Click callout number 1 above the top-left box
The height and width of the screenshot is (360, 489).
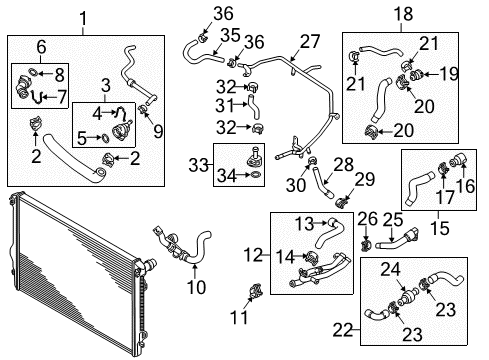coord(83,18)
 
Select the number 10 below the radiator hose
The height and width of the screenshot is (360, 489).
coord(196,287)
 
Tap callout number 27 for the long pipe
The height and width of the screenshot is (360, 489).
coord(310,42)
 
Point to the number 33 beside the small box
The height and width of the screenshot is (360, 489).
coord(198,165)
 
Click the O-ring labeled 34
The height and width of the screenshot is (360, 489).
coord(256,174)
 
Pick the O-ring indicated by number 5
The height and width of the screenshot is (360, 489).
coord(104,138)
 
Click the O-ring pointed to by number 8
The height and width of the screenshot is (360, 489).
coord(33,71)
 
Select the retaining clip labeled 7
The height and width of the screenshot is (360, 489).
coord(37,97)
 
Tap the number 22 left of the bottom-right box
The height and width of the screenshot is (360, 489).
coord(343,330)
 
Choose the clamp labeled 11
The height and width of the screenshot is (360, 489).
coord(256,290)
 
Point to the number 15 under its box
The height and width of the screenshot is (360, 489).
coord(440,228)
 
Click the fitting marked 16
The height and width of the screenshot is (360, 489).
coord(459,159)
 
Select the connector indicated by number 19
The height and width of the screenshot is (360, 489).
coord(416,75)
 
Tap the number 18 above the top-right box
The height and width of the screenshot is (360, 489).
coord(403,14)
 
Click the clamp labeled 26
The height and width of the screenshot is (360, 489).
coord(366,246)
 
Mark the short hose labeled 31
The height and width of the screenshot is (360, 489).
coord(253,106)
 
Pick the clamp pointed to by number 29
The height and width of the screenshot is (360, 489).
coord(342,202)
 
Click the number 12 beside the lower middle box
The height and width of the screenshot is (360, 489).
coord(254,255)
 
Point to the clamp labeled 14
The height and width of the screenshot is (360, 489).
coord(313,256)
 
